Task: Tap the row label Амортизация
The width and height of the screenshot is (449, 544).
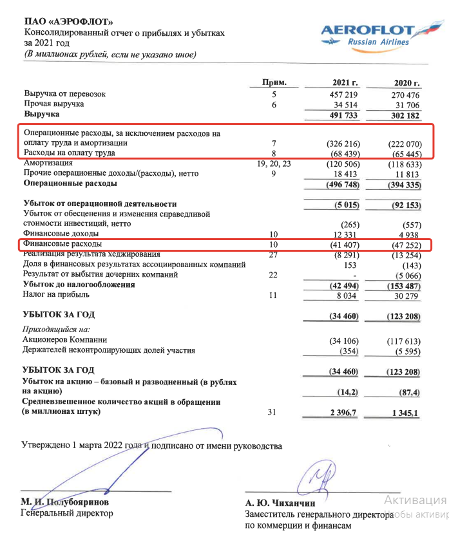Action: click(x=49, y=164)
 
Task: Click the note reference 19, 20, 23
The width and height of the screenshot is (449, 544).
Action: click(x=274, y=164)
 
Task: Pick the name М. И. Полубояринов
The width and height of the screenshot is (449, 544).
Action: click(x=63, y=502)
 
